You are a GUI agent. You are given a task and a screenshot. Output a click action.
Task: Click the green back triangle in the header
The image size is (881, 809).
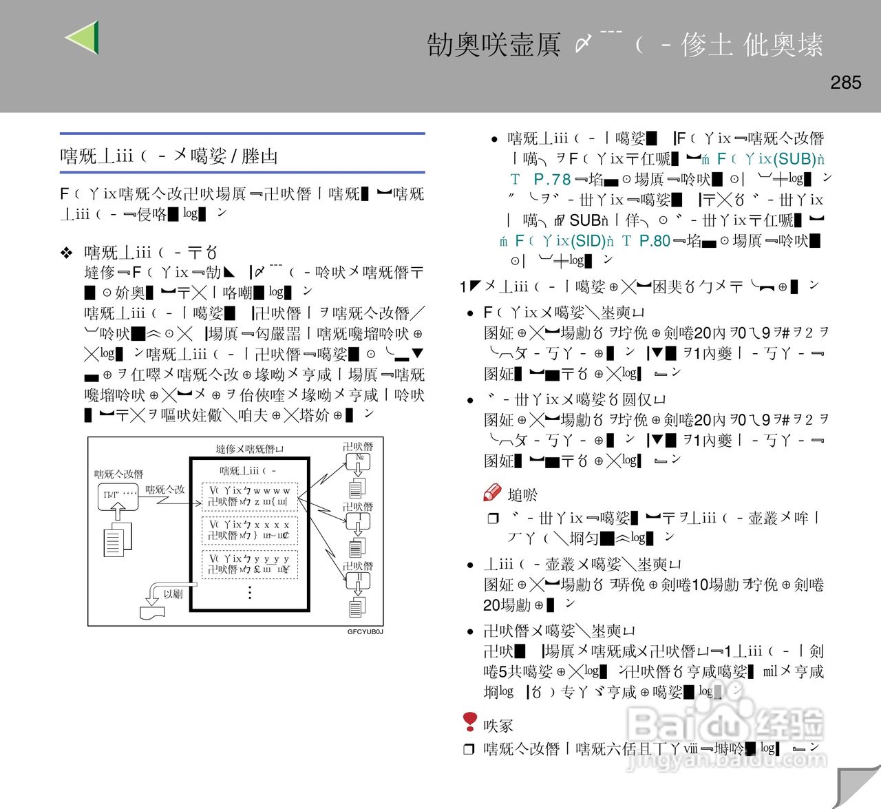[x=84, y=37]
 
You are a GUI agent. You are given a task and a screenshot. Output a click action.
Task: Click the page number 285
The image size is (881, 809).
[x=845, y=83]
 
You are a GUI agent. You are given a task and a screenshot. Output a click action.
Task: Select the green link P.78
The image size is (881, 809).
[x=552, y=180]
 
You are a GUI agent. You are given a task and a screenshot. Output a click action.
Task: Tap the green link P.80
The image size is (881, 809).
[x=654, y=241]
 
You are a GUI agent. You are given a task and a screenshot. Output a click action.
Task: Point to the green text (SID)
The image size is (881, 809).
[x=586, y=241]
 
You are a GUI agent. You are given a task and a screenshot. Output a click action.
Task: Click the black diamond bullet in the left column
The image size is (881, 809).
[x=67, y=253]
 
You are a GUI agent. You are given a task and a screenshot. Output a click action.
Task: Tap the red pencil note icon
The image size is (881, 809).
[x=492, y=493]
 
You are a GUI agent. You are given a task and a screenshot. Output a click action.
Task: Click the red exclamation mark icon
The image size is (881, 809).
[x=470, y=722]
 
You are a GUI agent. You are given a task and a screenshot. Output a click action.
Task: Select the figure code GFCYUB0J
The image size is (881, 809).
[x=365, y=631]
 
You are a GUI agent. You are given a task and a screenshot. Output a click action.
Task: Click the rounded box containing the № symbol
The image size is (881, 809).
[x=359, y=460]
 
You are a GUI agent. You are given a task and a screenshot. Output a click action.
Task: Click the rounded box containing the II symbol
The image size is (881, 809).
[x=359, y=580]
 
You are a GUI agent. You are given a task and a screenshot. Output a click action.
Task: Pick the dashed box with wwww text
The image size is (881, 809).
[x=249, y=496]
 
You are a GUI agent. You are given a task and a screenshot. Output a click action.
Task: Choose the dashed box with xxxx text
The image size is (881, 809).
[x=249, y=529]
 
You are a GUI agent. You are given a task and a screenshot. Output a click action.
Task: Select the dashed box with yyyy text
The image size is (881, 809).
[x=249, y=564]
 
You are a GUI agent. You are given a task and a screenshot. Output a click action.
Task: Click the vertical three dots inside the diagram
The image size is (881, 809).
[x=249, y=592]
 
